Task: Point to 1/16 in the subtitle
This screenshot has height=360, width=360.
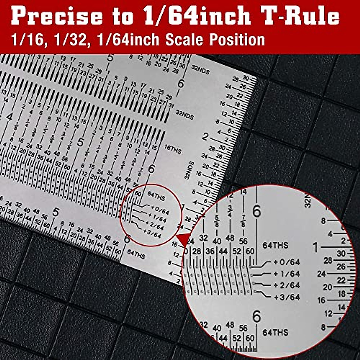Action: (x=28, y=40)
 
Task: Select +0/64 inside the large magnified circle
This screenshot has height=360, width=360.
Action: (x=286, y=262)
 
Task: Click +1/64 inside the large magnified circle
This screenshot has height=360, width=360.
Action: (x=286, y=274)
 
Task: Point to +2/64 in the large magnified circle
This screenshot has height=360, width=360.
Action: (x=286, y=285)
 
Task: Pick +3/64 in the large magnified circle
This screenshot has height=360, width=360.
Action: (x=286, y=297)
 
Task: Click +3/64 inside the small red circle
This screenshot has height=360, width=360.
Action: (x=152, y=233)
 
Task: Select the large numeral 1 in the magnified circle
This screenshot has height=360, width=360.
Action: (x=315, y=248)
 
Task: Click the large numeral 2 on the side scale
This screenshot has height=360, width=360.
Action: (x=205, y=137)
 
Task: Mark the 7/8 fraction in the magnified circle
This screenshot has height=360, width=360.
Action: (x=243, y=221)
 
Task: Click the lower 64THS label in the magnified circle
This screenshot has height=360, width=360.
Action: (x=275, y=332)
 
